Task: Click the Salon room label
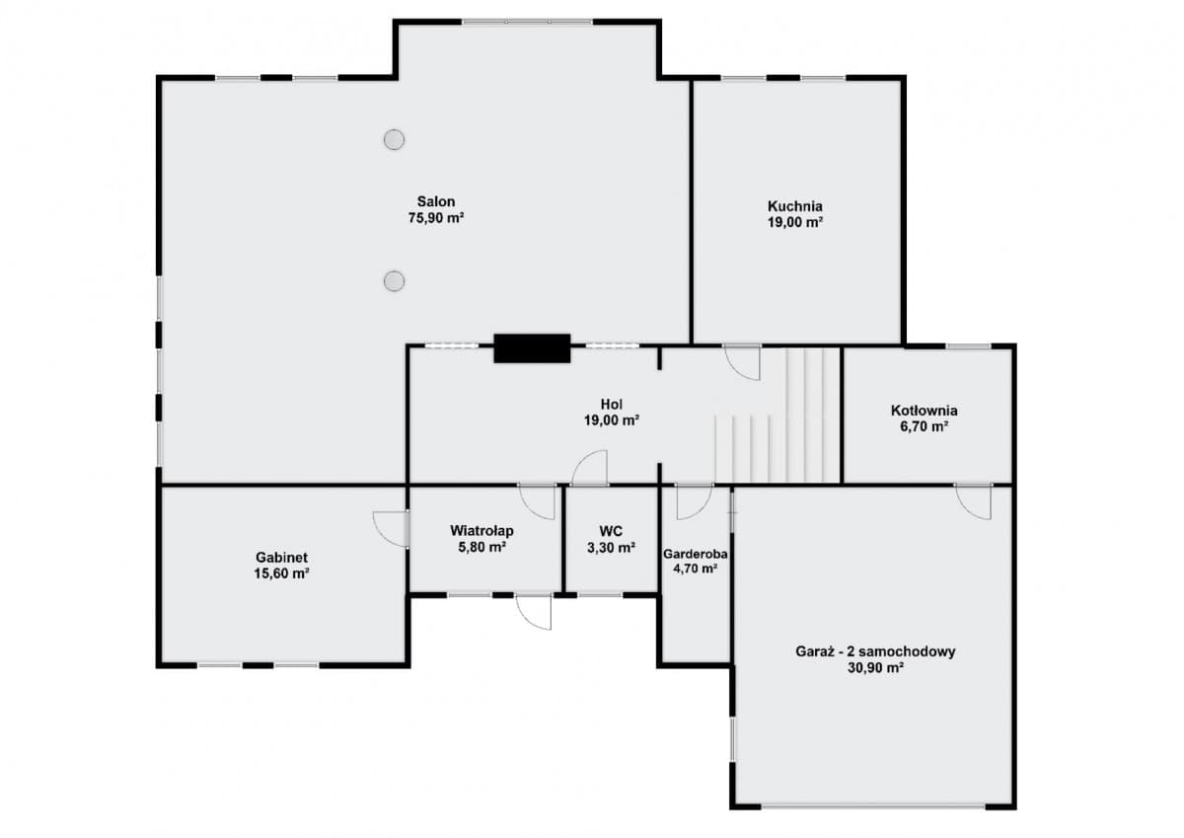click(436, 201)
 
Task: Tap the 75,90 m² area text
click(436, 218)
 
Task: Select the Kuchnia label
click(795, 205)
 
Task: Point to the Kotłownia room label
click(924, 411)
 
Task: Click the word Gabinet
click(282, 558)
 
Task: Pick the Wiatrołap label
click(481, 530)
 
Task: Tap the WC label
click(611, 531)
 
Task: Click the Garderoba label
click(695, 554)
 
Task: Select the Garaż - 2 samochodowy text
click(875, 651)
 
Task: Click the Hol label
click(612, 405)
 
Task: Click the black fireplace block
click(532, 348)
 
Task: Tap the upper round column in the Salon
click(395, 139)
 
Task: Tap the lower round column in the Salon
click(395, 281)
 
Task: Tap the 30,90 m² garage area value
click(875, 668)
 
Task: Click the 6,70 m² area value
click(924, 426)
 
